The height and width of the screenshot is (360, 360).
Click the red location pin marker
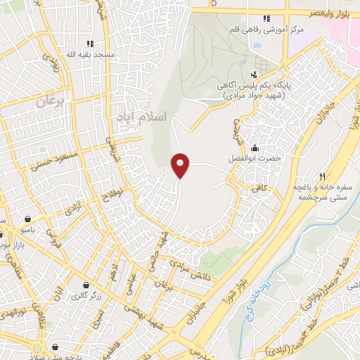181,165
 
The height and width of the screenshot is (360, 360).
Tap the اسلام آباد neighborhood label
140,117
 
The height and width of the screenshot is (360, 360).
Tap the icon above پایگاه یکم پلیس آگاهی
253,75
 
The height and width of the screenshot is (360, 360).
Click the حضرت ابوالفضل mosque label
258,158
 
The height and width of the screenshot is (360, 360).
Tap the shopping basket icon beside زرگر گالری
86,285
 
